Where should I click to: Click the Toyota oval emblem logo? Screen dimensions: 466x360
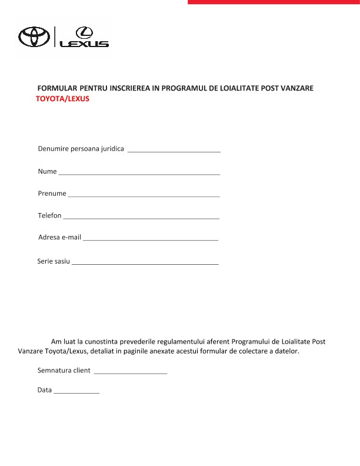34,36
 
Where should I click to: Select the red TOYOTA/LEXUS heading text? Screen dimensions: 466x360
62,99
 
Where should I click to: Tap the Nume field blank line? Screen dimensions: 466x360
139,174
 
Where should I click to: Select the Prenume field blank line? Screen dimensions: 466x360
144,196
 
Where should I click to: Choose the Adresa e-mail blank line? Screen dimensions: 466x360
151,240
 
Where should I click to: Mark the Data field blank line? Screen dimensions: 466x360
76,392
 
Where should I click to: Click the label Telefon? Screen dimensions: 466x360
49,216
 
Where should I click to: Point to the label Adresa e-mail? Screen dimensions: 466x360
59,238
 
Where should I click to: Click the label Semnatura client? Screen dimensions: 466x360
64,371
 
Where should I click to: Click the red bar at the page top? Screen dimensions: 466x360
274,2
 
